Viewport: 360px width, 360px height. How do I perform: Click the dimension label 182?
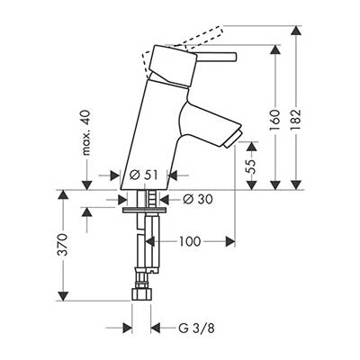click(296, 120)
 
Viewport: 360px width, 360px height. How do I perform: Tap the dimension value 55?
click(251, 166)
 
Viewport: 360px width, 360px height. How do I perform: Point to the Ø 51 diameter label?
click(143, 175)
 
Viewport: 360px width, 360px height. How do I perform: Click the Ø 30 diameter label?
click(198, 199)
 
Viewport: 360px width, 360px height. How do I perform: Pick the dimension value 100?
click(190, 241)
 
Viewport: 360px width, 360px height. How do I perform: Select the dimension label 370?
click(63, 245)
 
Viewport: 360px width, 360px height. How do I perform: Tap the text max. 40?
click(86, 132)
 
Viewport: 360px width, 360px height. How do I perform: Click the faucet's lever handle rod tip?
click(235, 57)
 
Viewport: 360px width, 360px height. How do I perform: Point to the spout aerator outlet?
click(232, 139)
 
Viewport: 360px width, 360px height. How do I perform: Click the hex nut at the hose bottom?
click(141, 294)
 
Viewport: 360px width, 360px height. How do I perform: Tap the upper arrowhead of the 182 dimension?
click(296, 31)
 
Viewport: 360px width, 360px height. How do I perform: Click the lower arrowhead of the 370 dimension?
click(62, 295)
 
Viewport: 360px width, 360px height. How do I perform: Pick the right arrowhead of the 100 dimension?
click(229, 241)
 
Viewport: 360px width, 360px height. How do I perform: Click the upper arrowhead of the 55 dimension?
click(251, 147)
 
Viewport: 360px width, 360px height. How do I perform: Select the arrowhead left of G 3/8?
click(128, 328)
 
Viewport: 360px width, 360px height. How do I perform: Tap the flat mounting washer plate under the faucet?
click(145, 210)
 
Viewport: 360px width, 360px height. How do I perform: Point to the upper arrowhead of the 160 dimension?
click(274, 50)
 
